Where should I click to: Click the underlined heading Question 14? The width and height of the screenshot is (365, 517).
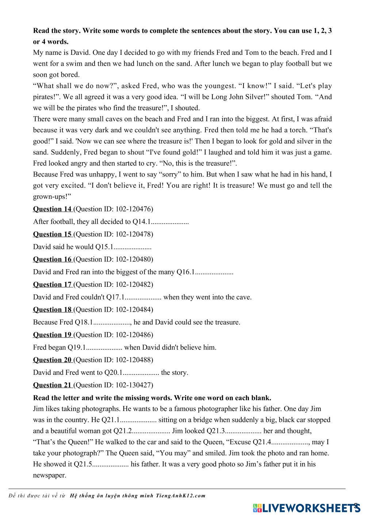point(52,209)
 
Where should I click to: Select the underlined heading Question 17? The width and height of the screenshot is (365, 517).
point(52,284)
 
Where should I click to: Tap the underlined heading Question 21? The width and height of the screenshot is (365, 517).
point(52,385)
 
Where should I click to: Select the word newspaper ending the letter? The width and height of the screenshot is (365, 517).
point(49,475)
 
